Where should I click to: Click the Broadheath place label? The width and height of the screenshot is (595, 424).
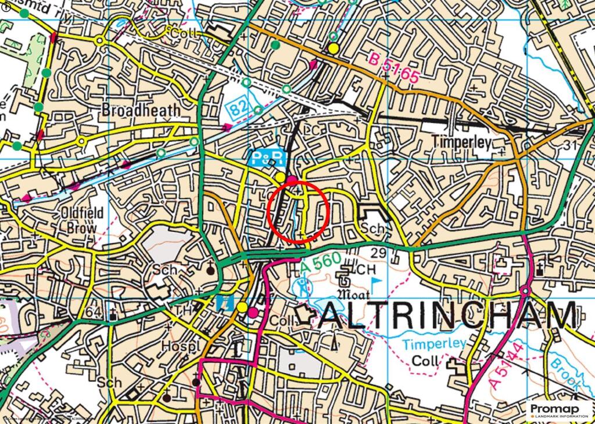[141, 110]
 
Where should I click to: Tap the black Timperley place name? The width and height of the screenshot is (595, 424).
[463, 142]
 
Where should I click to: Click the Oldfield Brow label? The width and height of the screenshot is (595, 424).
[82, 220]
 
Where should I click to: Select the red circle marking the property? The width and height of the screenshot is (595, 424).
[299, 212]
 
